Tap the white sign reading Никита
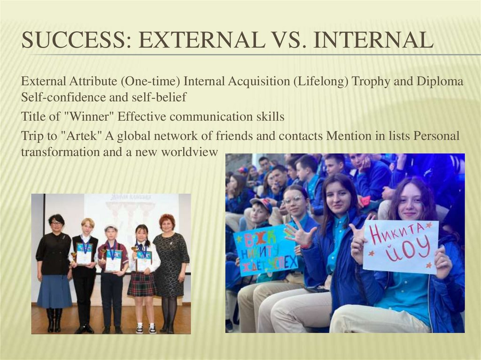(x=400, y=246)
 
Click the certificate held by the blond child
(x=85, y=253)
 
